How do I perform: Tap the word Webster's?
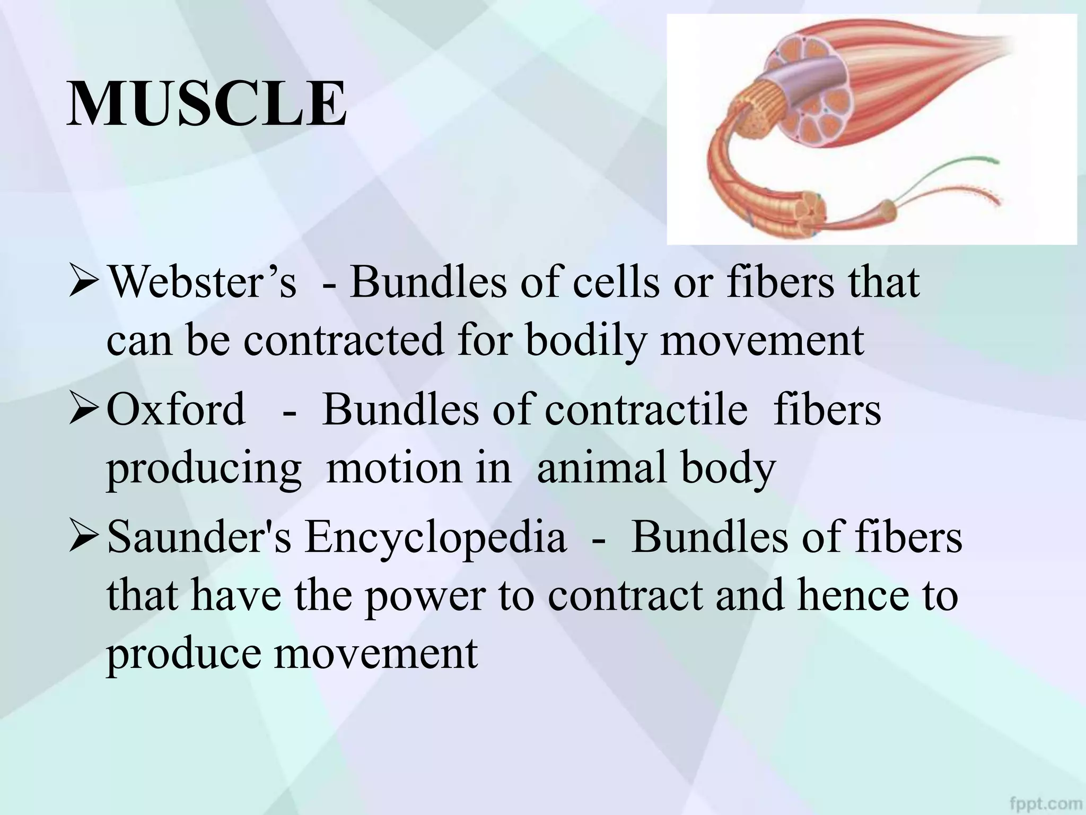(x=202, y=283)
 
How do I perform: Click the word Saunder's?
(x=199, y=537)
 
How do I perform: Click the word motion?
(x=419, y=468)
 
